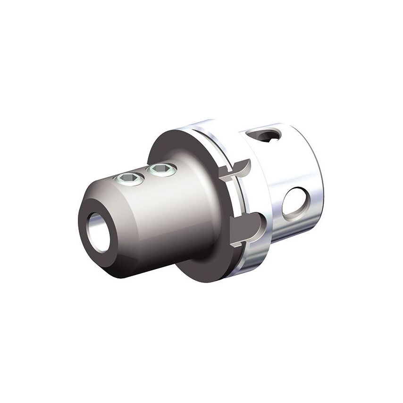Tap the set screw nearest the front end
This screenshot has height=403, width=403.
pyautogui.click(x=128, y=178)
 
